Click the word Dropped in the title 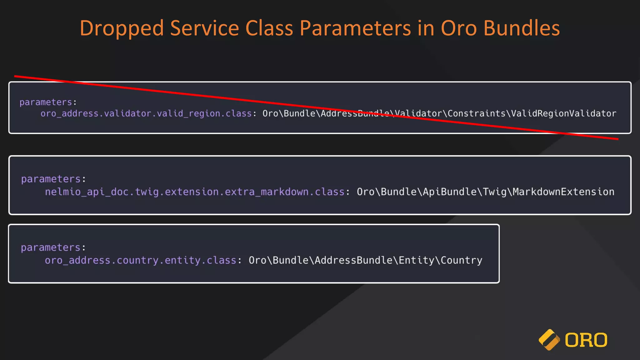point(122,28)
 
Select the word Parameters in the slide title point(355,28)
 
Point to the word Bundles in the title point(522,28)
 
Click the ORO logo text point(586,340)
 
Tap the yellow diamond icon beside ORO point(549,340)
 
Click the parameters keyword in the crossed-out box point(46,102)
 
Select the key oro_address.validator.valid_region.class point(146,113)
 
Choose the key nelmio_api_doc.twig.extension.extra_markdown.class point(194,192)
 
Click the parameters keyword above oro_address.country point(51,247)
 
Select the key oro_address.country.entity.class point(140,260)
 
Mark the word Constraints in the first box point(476,113)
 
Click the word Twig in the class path point(494,192)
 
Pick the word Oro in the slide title point(459,28)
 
